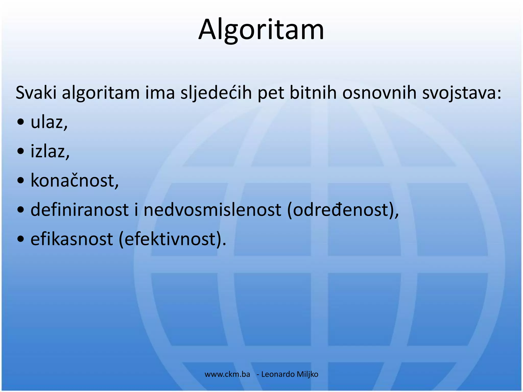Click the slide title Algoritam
[261, 30]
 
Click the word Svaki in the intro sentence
[36, 93]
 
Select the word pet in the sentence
[270, 93]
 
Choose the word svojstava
[459, 93]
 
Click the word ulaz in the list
[47, 122]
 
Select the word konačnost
[73, 180]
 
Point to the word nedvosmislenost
[212, 210]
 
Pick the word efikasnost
[72, 239]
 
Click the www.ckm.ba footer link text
[227, 374]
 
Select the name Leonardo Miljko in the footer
[290, 374]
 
